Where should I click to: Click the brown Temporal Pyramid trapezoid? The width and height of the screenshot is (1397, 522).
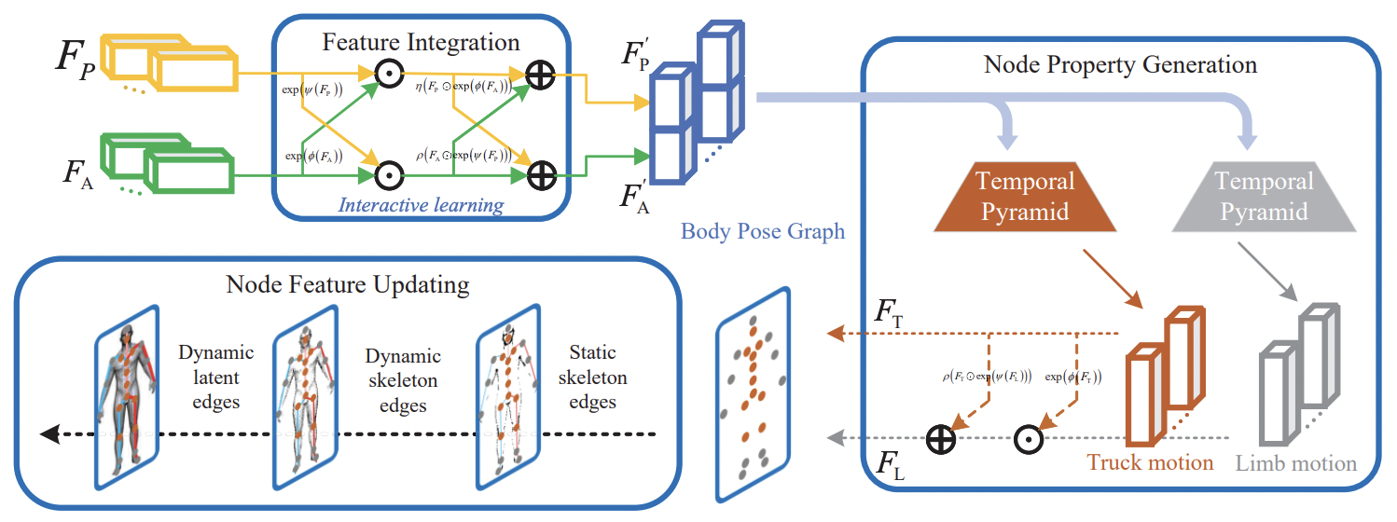[x=1025, y=198]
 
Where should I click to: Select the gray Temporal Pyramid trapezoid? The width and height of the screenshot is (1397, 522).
[x=1264, y=198]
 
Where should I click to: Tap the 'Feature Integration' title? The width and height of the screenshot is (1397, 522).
[x=421, y=42]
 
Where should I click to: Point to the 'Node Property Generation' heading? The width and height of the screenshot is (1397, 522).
[x=1120, y=64]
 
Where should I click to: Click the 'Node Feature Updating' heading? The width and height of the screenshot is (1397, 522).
[x=348, y=283]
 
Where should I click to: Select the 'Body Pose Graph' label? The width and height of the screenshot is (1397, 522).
[x=762, y=230]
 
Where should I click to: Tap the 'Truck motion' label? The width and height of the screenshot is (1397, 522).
[x=1150, y=462]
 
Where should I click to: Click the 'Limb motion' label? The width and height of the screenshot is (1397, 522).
[x=1296, y=463]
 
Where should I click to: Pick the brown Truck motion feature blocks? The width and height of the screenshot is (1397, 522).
[x=1164, y=382]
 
